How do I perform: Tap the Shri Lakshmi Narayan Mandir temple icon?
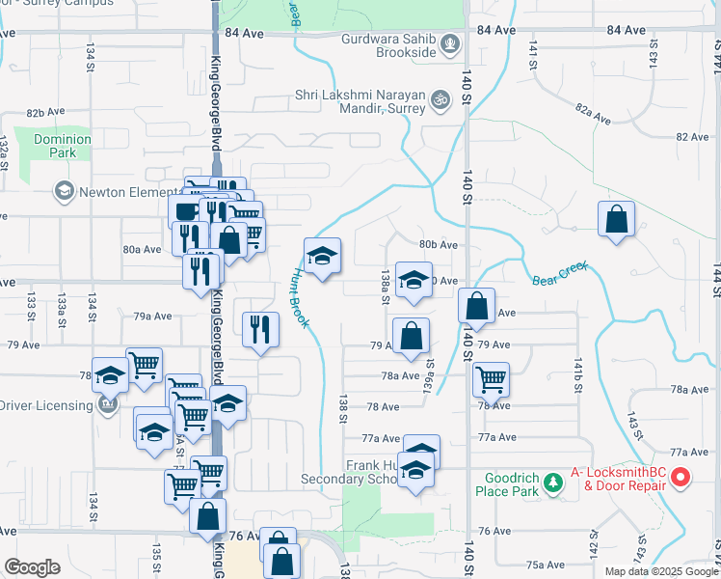tap(442, 98)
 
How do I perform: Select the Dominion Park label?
tap(62, 146)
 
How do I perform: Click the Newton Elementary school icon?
tap(64, 192)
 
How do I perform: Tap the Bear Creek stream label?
tap(560, 275)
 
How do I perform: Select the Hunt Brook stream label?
tap(297, 299)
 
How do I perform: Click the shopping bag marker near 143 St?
tap(617, 219)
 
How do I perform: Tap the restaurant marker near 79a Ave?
tap(259, 329)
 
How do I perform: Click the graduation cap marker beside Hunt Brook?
tap(323, 256)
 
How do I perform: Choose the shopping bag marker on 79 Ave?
tap(411, 337)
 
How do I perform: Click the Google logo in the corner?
tap(32, 567)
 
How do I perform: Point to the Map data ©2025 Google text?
tap(661, 571)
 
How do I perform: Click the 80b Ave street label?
tap(437, 245)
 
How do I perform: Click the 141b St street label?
tap(579, 372)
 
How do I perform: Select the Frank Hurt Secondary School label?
tap(371, 472)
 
